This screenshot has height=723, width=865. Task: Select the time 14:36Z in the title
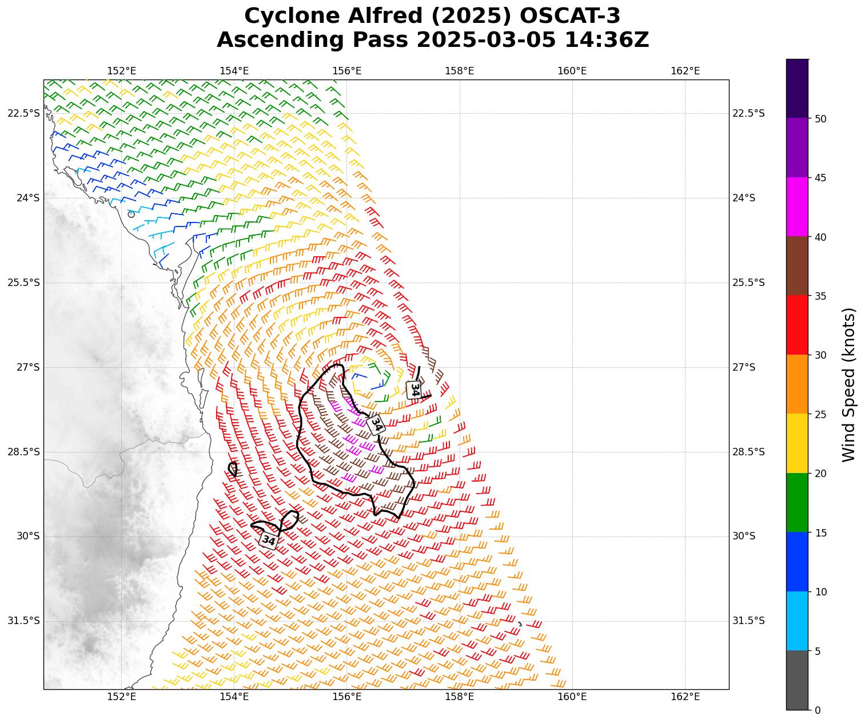click(607, 40)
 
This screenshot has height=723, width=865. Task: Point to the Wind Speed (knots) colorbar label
click(849, 384)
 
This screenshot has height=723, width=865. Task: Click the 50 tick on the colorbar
click(820, 118)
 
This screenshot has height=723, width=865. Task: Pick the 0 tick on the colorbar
click(817, 710)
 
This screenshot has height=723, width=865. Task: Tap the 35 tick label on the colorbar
click(820, 296)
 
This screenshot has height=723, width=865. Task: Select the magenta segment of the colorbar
click(797, 206)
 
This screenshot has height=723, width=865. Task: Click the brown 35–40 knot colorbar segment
click(797, 266)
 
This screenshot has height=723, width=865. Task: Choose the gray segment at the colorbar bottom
click(797, 680)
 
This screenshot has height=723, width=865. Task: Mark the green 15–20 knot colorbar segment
click(797, 502)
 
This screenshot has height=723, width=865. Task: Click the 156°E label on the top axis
click(347, 71)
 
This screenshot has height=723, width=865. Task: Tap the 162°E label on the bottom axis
click(685, 697)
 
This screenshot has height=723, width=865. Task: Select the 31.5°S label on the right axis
click(748, 621)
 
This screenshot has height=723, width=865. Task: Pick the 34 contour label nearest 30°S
click(268, 540)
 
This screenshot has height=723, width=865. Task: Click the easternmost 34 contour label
click(414, 390)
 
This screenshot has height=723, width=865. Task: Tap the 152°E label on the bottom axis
click(121, 697)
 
